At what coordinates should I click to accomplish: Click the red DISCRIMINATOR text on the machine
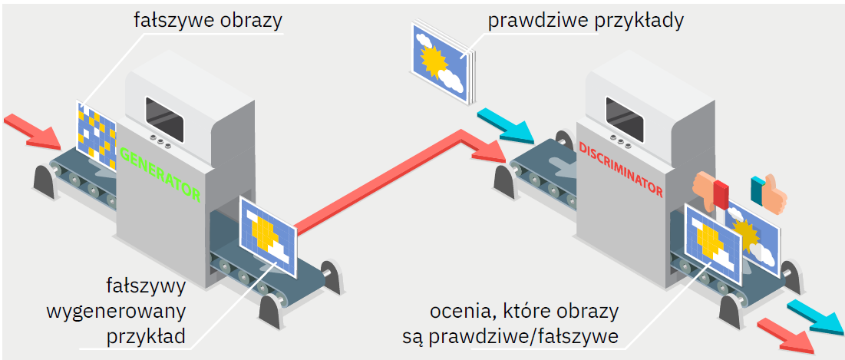620,168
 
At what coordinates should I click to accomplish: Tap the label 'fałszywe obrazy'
206,20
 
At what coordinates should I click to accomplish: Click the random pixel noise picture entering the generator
96,130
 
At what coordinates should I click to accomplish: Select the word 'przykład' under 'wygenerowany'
149,335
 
